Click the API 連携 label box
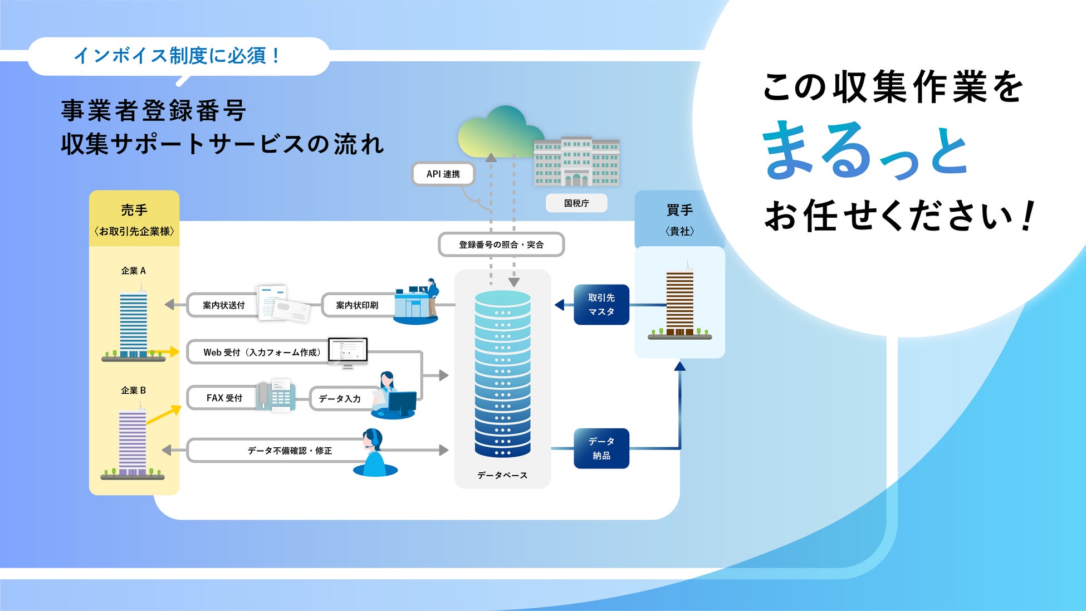click(x=443, y=174)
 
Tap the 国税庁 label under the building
click(x=576, y=203)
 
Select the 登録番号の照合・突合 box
click(x=501, y=245)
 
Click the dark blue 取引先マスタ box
click(x=601, y=305)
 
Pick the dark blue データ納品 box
click(x=601, y=448)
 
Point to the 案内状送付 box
click(x=223, y=305)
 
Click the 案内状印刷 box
click(x=357, y=305)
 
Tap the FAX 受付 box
click(x=224, y=398)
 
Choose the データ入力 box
click(x=340, y=399)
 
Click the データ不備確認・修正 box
click(x=290, y=451)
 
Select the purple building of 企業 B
click(x=133, y=443)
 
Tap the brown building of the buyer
click(x=680, y=304)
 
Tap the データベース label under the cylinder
click(x=502, y=475)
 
